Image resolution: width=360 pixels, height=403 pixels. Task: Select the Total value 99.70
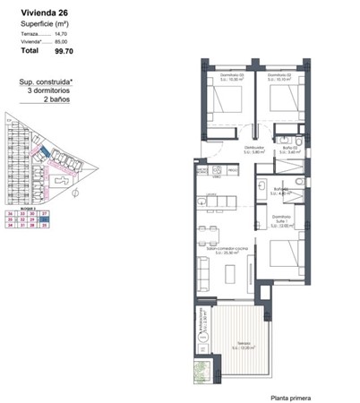[x=65, y=52]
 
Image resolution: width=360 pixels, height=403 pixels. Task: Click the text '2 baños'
[x=58, y=100]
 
